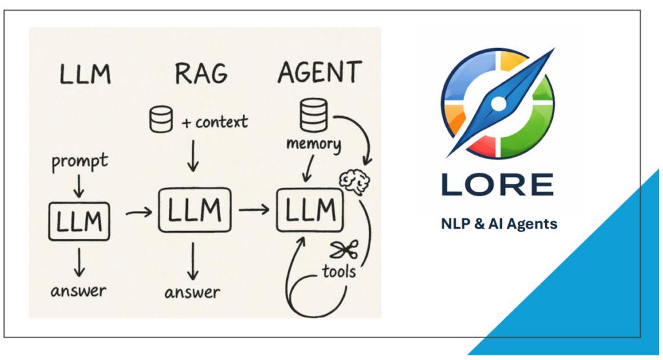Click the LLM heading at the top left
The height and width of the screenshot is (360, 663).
85,74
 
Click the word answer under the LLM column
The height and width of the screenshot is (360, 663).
79,290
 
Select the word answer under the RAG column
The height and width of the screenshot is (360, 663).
192,292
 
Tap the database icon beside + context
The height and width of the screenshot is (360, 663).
160,120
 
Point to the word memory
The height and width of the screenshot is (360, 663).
313,144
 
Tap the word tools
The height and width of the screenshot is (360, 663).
339,270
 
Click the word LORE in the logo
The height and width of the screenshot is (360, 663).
497,183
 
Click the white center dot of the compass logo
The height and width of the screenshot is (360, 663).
498,103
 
